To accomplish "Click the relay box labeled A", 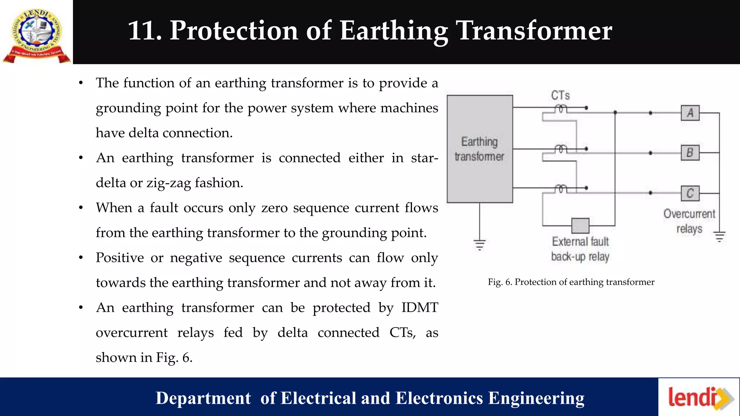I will coord(690,113).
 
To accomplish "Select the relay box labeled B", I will coord(690,153).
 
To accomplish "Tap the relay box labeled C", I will coord(690,193).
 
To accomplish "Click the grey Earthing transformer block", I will coord(479,149).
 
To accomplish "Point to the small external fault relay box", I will coord(580,226).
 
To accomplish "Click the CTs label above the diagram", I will coord(560,96).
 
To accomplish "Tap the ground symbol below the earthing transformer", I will coord(480,245).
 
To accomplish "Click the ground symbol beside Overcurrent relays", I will coord(719,237).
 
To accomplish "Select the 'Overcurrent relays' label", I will coord(689,221).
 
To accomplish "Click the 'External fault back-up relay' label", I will coord(580,249).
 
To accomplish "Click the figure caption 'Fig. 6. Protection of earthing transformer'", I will coord(571,282).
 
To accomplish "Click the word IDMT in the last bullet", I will coord(420,308).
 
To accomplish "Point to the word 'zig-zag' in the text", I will coord(168,183).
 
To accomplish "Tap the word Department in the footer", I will coord(203,398).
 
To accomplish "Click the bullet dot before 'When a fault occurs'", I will coord(81,208).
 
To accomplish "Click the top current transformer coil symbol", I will coord(560,108).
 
